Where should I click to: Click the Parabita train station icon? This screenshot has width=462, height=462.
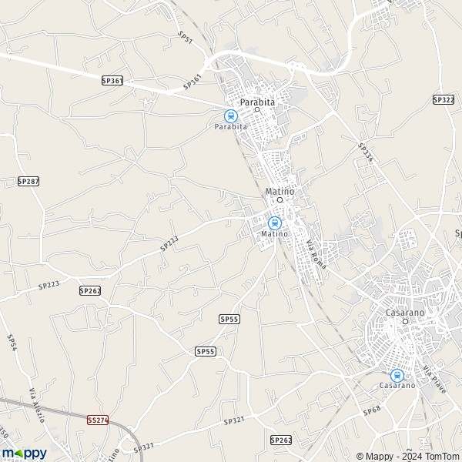pos(229,115)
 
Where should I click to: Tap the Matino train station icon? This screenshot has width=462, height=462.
pos(274,223)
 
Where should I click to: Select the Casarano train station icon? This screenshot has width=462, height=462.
pos(397,375)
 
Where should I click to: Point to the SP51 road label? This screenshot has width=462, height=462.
pos(185,39)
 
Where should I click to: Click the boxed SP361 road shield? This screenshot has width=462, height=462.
pos(112,80)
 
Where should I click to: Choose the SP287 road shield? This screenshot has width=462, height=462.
pos(28,180)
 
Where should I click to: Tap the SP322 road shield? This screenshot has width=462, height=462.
pos(443,99)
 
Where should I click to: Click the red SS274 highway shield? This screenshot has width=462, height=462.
pos(98,420)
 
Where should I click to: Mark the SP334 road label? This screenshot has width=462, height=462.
pos(365,152)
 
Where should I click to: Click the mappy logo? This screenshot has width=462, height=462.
pos(24,453)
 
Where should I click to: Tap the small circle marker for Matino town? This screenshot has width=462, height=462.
pos(280,199)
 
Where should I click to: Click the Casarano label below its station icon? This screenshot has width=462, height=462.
pos(397,385)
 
